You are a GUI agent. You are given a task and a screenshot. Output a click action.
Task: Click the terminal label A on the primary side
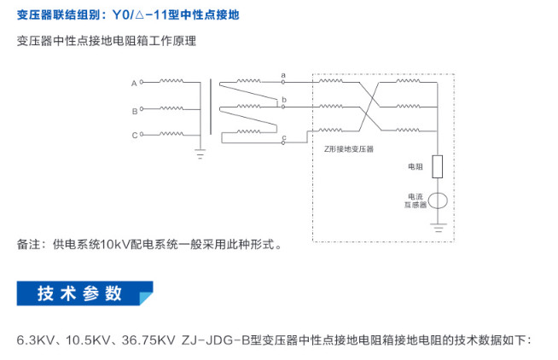pos(134,84)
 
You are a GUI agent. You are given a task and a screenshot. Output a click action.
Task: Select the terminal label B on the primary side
pos(135,112)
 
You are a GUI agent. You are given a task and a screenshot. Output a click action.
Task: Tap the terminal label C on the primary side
pos(135,135)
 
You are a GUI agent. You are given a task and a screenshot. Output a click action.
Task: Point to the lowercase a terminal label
pos(283,75)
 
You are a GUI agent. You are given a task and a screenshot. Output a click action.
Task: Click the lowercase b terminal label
pos(284,100)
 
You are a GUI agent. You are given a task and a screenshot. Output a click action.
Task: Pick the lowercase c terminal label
pos(284,137)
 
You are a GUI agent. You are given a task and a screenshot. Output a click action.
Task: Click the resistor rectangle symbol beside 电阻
pos(438,166)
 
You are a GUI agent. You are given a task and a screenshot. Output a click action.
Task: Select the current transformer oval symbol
pos(438,200)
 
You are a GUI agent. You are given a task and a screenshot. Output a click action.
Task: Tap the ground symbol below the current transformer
pos(438,228)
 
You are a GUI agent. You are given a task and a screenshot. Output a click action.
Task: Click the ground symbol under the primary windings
pos(200,154)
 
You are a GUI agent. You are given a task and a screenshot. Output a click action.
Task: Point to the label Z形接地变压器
pos(349,149)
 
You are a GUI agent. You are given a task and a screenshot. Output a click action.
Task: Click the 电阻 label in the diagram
pos(416,166)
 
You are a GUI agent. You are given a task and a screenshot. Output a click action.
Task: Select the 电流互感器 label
pos(416,200)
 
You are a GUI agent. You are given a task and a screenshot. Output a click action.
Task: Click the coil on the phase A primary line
pos(171,81)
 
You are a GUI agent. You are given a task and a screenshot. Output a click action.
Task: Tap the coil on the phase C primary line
pos(171,133)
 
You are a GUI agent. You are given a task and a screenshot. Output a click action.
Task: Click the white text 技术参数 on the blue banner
pos(79,293)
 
